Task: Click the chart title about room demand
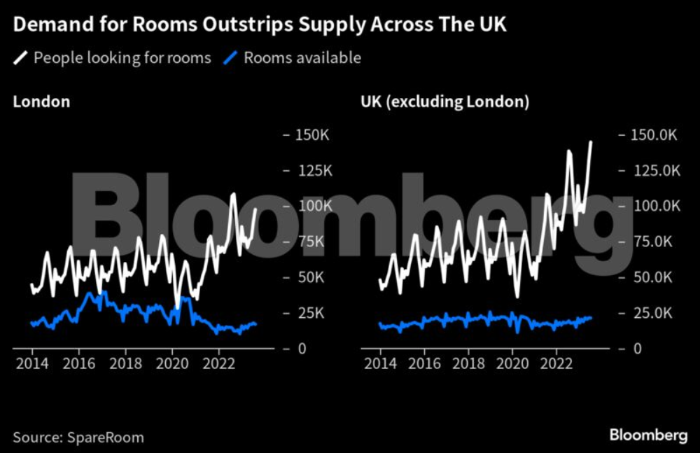[x=260, y=25]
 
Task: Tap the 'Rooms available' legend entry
[x=302, y=57]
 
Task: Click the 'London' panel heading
[x=41, y=102]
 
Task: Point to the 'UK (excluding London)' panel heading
[x=444, y=102]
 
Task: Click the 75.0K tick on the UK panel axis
[x=652, y=242]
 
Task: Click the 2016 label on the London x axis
[x=78, y=365]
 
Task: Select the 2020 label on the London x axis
[x=171, y=365]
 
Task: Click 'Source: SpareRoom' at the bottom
[x=78, y=438]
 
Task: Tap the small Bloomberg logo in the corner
[x=648, y=435]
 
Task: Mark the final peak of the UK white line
[x=591, y=141]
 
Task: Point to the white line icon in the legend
[x=21, y=57]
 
